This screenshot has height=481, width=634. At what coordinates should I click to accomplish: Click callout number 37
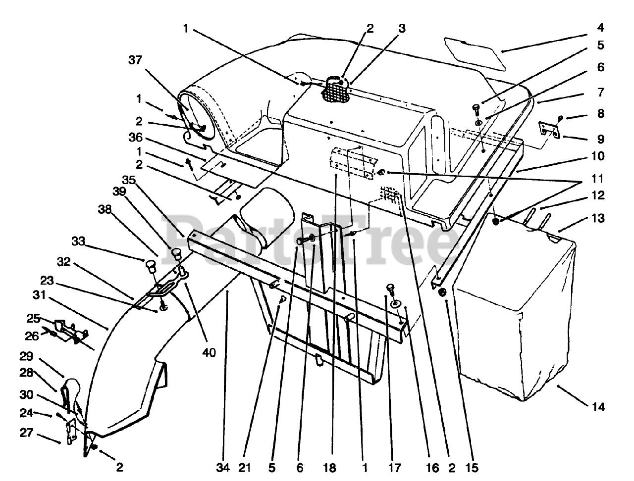pyautogui.click(x=135, y=60)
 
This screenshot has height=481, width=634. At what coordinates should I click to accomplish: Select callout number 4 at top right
pyautogui.click(x=600, y=28)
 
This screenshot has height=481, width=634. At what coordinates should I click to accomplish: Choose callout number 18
pyautogui.click(x=331, y=467)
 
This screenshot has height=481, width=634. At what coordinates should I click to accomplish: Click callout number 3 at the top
pyautogui.click(x=401, y=28)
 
